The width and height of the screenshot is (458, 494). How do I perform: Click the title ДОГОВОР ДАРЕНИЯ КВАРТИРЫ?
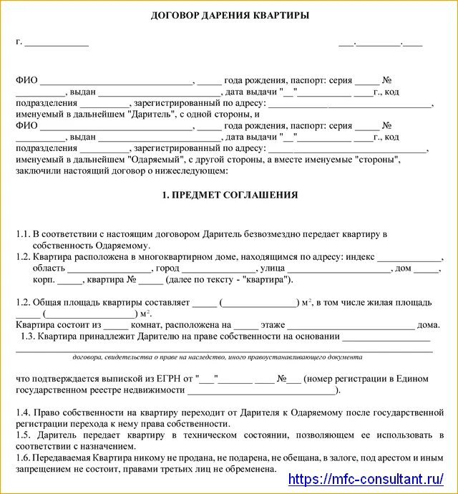tap(230, 16)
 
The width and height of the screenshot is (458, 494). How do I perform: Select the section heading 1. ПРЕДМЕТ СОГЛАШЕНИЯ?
tap(230, 195)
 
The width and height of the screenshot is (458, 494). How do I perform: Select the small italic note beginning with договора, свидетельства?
tap(216, 357)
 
